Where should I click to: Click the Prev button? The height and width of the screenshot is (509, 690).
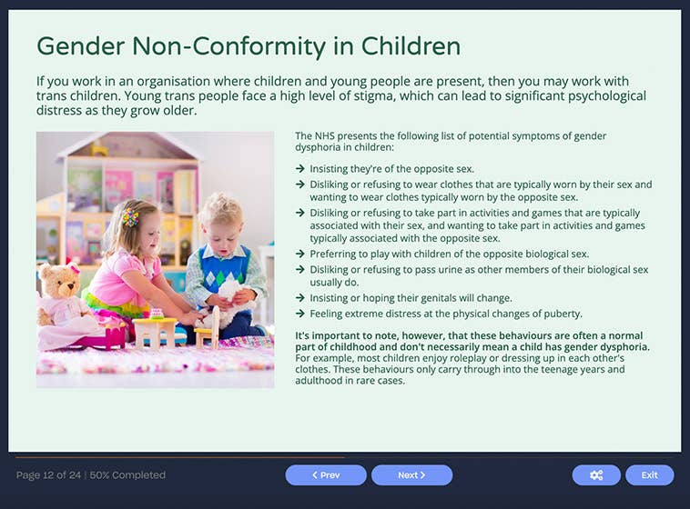(326, 475)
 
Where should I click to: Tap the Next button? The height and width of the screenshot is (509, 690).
(411, 475)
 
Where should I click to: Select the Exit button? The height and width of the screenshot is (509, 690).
(649, 475)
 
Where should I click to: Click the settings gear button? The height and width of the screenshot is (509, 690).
(596, 475)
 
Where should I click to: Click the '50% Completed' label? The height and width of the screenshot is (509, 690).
(129, 475)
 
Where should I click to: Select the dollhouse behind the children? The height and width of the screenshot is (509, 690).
(127, 191)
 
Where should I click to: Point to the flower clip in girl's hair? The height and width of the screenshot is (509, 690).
(130, 217)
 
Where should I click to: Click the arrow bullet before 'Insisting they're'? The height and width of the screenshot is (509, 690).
(300, 169)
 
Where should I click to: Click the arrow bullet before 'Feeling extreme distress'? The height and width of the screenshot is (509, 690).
(300, 314)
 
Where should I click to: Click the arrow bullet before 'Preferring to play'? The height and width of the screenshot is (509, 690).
(300, 254)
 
